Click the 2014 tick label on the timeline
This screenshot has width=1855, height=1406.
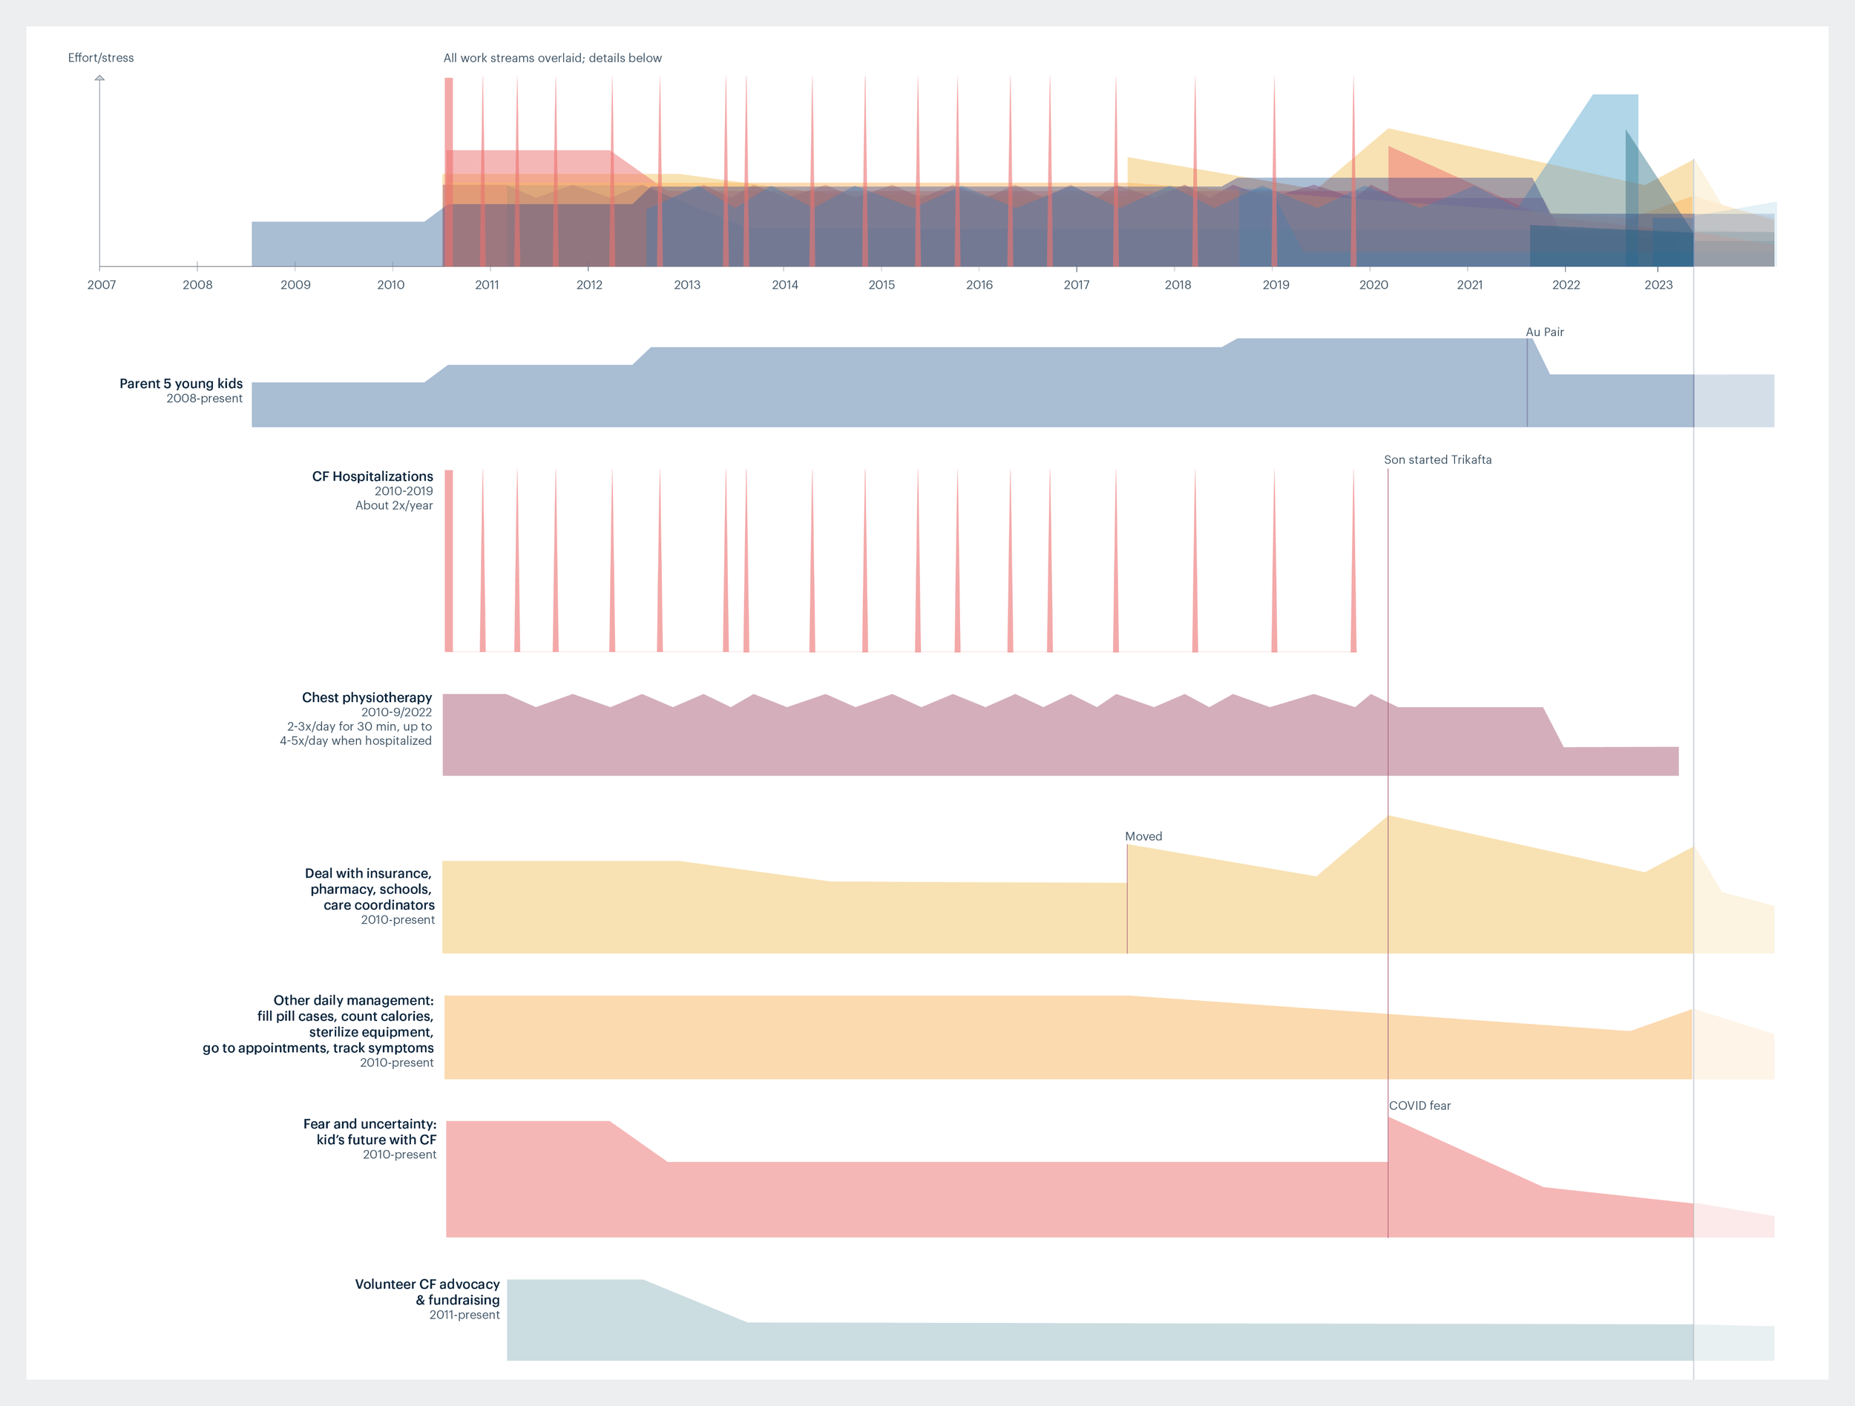point(784,285)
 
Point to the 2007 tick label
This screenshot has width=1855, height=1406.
point(102,285)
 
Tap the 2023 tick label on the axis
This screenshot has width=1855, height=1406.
point(1658,285)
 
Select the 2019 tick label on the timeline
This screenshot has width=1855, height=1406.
point(1275,285)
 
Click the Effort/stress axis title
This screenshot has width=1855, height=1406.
point(101,58)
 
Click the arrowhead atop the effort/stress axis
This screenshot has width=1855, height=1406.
point(99,78)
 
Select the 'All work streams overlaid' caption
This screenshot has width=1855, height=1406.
point(552,58)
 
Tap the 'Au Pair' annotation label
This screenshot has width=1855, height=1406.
point(1544,332)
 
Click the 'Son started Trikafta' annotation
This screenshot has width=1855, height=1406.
point(1437,459)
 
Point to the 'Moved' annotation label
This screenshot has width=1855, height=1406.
point(1143,836)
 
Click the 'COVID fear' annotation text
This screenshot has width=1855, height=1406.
point(1419,1105)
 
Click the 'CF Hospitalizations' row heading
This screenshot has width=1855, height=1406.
point(372,476)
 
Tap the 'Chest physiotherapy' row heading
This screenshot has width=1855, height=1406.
point(367,697)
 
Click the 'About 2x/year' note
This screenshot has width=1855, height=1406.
point(393,505)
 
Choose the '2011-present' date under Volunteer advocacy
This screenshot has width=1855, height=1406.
point(464,1315)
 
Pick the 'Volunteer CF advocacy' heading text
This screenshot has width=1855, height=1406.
point(427,1284)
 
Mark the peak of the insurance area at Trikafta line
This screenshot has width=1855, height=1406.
point(1388,817)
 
